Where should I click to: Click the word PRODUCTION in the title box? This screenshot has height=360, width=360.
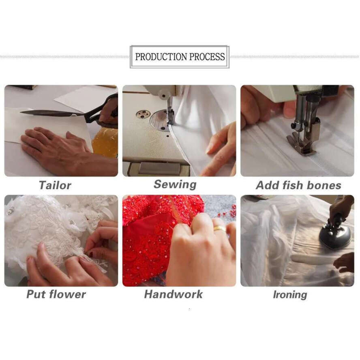[x=161, y=57]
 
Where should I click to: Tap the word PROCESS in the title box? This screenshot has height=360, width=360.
[x=207, y=57]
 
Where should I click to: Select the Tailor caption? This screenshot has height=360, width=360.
[x=55, y=185]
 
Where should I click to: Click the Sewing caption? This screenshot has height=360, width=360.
[x=175, y=184]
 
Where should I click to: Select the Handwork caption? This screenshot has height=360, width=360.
[x=174, y=294]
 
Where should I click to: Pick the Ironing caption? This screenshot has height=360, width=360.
[x=290, y=295]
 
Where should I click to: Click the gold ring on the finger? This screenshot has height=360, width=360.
[x=220, y=228]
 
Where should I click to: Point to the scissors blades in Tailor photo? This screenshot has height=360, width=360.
[x=53, y=113]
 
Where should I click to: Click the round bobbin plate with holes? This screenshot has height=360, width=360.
[x=143, y=114]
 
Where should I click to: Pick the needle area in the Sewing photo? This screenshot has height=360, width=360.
[x=170, y=115]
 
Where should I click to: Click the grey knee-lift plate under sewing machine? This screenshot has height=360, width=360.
[x=159, y=168]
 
